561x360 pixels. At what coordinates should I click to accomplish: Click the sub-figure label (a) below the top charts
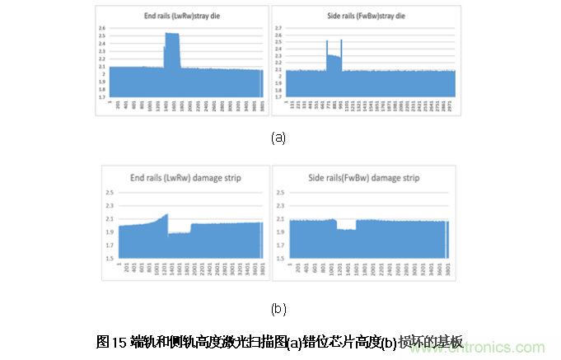[278, 138]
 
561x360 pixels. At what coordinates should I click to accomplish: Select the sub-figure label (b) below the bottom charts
[278, 309]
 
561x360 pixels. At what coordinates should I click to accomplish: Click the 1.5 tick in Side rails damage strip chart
[282, 258]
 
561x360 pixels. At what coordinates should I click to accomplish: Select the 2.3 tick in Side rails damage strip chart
[282, 206]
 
